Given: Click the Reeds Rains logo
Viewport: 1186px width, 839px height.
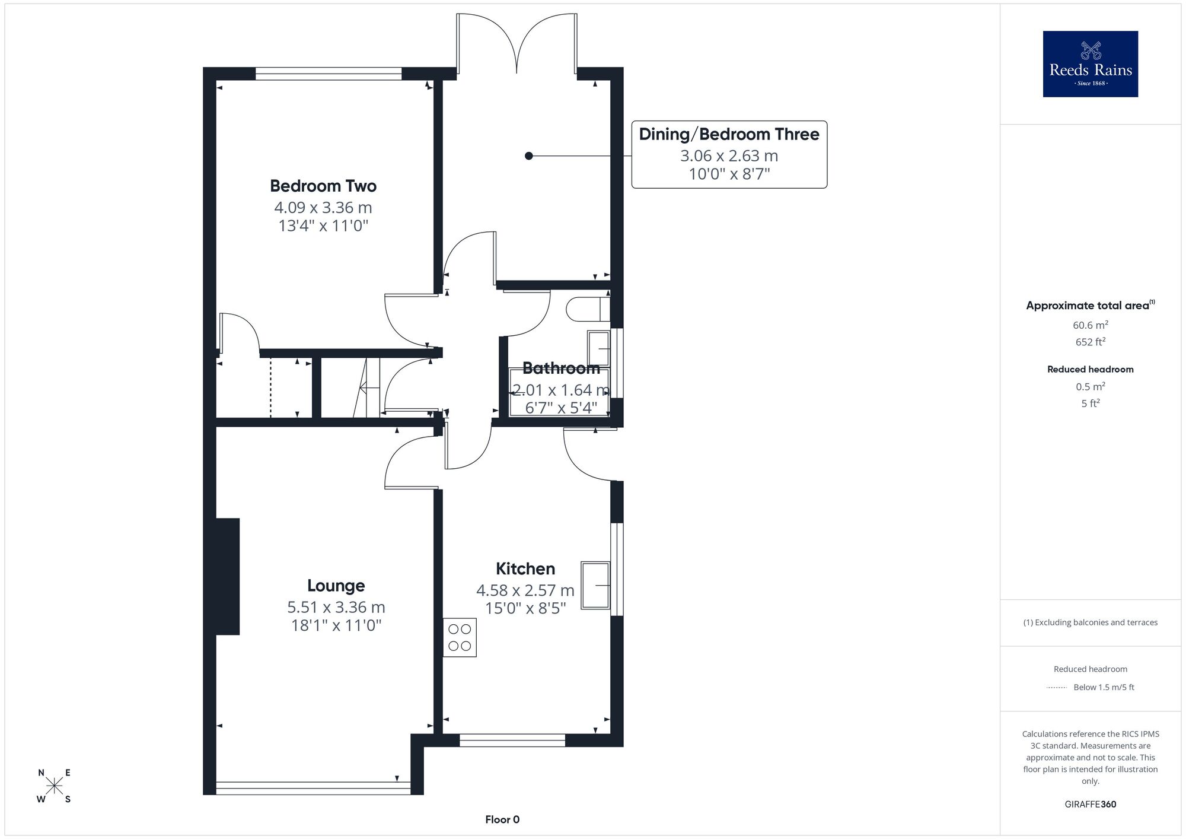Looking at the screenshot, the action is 1090,63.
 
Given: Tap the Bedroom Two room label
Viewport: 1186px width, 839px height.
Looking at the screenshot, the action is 323,186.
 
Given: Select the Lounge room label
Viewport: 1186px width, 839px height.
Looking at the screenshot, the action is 336,586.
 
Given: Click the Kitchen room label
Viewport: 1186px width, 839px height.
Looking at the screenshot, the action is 525,568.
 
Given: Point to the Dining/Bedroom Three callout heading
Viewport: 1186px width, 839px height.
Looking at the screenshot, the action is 729,134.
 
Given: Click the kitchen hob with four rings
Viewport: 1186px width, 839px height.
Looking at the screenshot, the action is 460,637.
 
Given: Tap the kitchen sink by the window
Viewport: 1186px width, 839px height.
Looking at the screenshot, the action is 595,585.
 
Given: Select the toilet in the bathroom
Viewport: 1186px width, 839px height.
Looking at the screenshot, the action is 588,309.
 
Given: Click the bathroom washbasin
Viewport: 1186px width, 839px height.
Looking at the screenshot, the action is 598,348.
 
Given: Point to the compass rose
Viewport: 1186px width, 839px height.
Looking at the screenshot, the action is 54,786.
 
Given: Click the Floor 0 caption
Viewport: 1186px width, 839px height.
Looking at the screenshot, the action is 502,819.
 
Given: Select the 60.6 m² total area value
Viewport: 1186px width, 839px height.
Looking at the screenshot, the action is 1090,325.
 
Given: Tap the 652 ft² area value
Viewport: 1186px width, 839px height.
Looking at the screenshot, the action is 1090,341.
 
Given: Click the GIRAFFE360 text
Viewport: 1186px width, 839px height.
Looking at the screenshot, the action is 1090,804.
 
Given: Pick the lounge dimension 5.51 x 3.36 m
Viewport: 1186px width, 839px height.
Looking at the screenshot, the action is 336,607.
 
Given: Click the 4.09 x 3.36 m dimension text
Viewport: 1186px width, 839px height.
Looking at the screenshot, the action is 323,208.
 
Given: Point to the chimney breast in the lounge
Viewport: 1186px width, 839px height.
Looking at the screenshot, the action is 228,576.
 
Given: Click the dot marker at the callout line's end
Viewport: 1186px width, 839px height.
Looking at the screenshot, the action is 529,156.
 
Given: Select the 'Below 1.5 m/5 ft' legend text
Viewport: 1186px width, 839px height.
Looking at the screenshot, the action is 1104,687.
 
